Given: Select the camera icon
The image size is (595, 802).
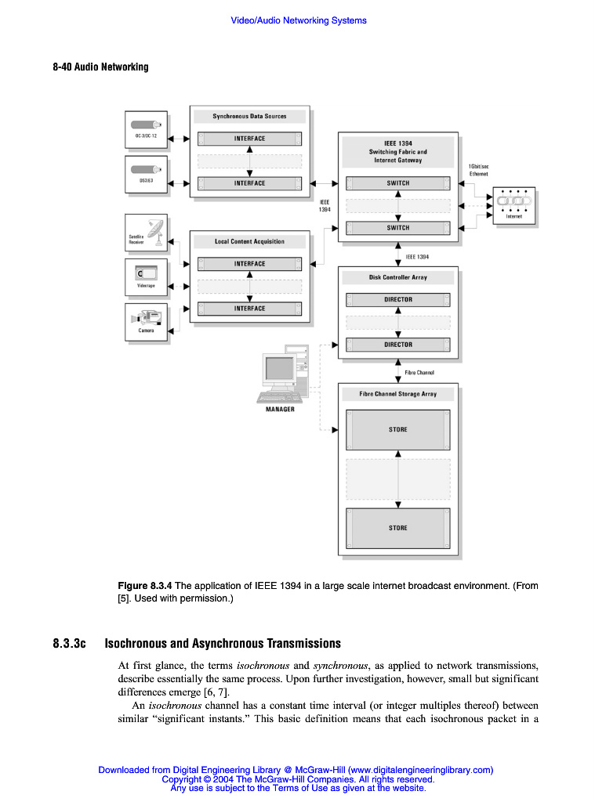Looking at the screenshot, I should pyautogui.click(x=147, y=317).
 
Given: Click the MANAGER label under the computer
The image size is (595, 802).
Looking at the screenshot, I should pyautogui.click(x=280, y=410).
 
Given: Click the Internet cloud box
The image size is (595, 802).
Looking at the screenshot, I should pyautogui.click(x=514, y=204).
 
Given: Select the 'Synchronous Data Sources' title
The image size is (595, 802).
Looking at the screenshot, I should pyautogui.click(x=249, y=116).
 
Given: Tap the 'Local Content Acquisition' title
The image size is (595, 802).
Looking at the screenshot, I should pyautogui.click(x=249, y=241).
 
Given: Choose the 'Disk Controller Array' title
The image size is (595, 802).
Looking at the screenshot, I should pyautogui.click(x=398, y=277).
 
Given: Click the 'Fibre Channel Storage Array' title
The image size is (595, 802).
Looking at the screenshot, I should pyautogui.click(x=398, y=394).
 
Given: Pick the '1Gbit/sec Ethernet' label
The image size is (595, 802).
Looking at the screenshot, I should pyautogui.click(x=478, y=170).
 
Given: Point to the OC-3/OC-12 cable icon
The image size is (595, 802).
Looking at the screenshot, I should pyautogui.click(x=147, y=125).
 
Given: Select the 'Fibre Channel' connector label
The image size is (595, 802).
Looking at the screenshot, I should pyautogui.click(x=419, y=373).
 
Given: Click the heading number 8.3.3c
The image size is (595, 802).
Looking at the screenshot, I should pyautogui.click(x=69, y=644).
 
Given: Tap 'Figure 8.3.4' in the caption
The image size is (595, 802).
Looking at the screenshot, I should pyautogui.click(x=144, y=586).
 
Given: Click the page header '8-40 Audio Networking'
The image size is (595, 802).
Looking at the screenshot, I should pyautogui.click(x=100, y=67).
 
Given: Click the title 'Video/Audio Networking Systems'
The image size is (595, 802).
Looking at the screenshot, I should pyautogui.click(x=298, y=20).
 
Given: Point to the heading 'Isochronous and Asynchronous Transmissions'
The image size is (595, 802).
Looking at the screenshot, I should pyautogui.click(x=223, y=644).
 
